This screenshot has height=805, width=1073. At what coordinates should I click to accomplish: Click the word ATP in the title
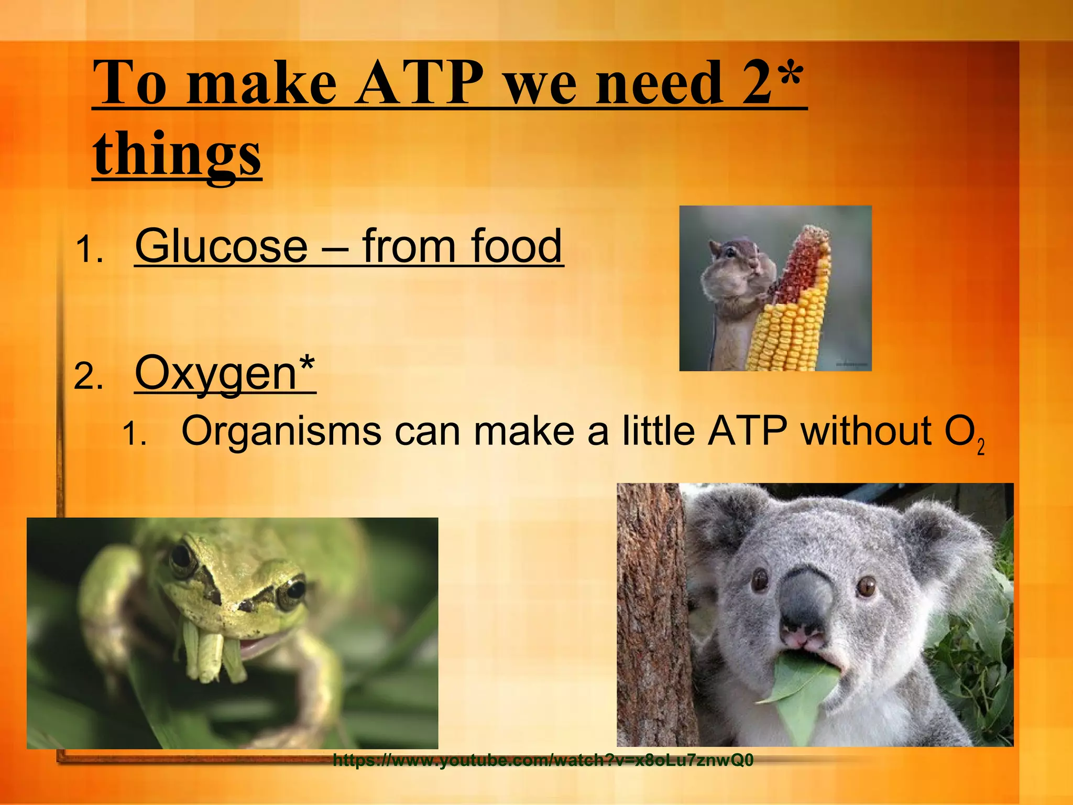coord(420,84)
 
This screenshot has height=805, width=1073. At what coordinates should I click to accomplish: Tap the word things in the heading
coord(177,154)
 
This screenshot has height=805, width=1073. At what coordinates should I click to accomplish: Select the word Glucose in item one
coord(221,246)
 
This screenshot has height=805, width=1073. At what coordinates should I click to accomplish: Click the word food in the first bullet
coord(516,246)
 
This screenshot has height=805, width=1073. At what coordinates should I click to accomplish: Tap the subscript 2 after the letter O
coord(981,447)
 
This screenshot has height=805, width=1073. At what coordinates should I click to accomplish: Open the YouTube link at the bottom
coord(543,760)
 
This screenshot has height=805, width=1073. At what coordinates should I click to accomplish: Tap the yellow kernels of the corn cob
coord(786,330)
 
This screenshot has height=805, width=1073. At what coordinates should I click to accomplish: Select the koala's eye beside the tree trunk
coord(759,580)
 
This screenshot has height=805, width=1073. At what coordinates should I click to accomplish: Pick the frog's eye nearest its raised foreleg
coord(182,558)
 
